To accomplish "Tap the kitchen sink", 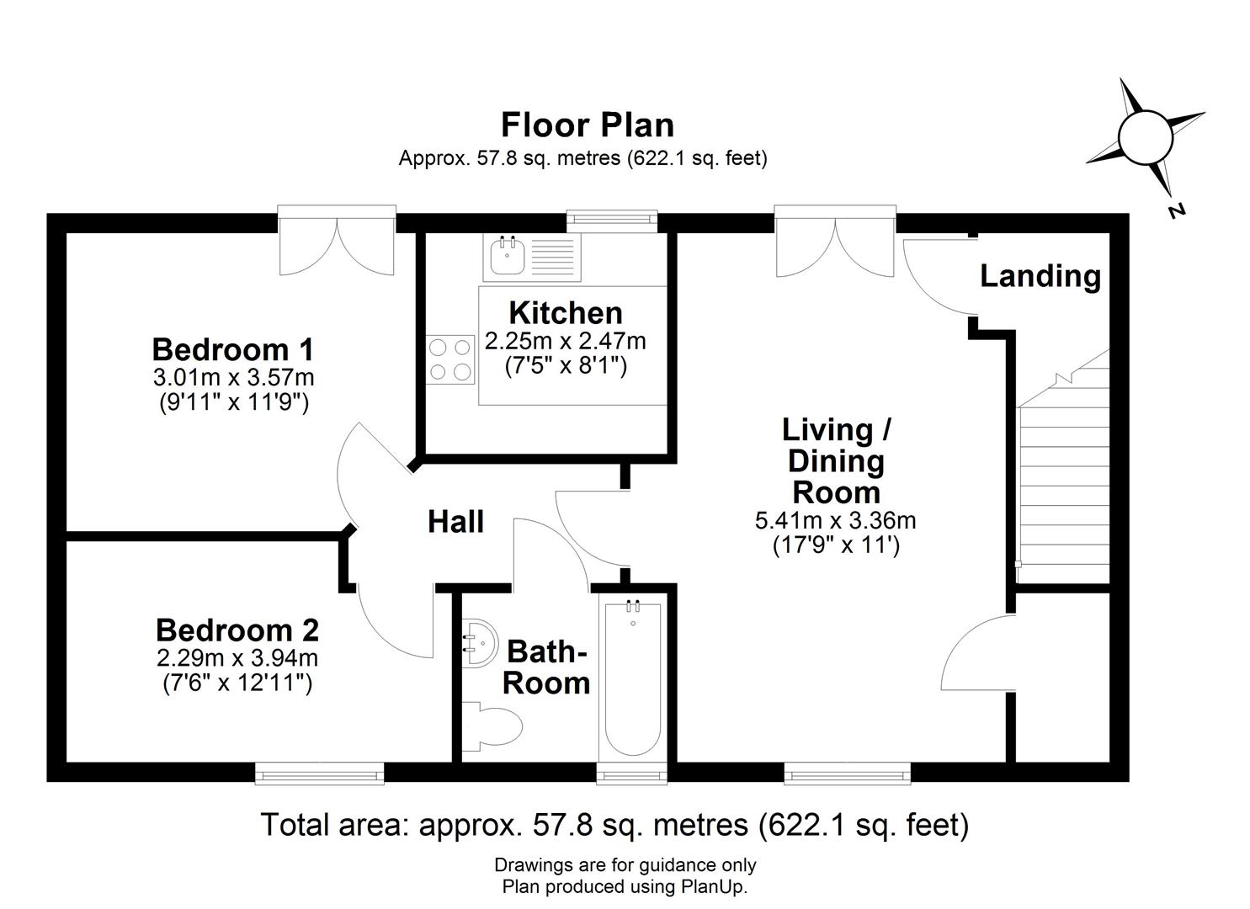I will click(507, 257).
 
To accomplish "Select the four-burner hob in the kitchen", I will click(451, 359).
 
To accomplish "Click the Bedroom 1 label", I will click(233, 348).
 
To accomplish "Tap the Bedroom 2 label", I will click(237, 630).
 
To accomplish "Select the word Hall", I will click(455, 522).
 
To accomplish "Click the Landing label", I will click(1040, 276).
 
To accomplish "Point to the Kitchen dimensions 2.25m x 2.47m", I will click(565, 342).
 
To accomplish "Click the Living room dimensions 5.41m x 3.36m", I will click(835, 521).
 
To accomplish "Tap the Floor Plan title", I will click(588, 125).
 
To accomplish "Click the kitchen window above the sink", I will click(612, 221).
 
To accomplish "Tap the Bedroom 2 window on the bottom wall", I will click(320, 773).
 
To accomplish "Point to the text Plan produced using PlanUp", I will click(625, 886).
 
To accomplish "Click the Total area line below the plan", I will click(614, 825).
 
